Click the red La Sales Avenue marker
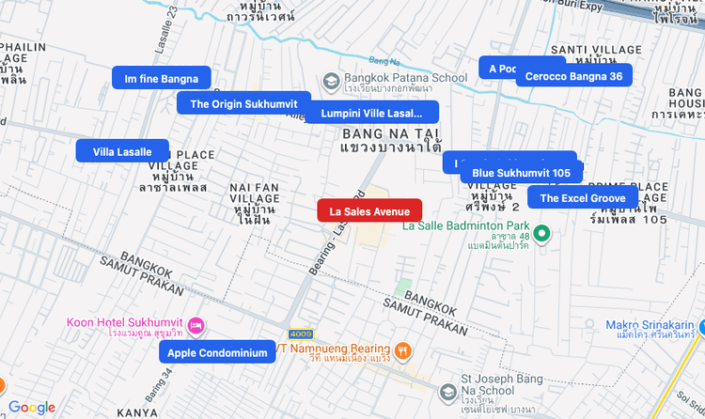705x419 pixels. pos(369,211)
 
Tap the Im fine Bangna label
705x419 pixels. pos(161,78)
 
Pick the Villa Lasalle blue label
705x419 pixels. pos(122,151)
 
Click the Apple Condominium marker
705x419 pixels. pos(218,353)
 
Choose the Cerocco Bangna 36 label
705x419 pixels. pos(573,76)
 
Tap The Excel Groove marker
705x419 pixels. pos(582,198)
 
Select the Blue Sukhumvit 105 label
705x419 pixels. pos(521,173)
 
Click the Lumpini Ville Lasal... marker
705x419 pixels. pos(371,113)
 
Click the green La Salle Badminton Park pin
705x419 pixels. pos(541,232)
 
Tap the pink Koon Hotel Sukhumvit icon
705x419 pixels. pos(196,326)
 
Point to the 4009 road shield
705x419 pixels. pos(301,333)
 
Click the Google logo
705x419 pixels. pos(32,407)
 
